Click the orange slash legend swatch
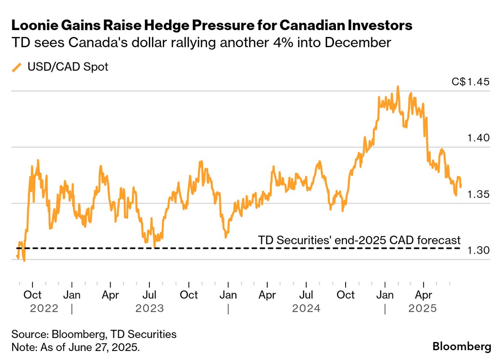(x=17, y=67)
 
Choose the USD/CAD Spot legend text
(x=68, y=67)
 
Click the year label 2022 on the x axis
(x=44, y=308)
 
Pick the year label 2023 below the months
(x=150, y=308)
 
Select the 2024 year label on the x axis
(x=306, y=308)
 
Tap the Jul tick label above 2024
(x=307, y=294)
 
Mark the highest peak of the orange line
(x=398, y=86)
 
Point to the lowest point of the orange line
(x=24, y=261)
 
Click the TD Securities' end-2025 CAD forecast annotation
(x=359, y=240)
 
